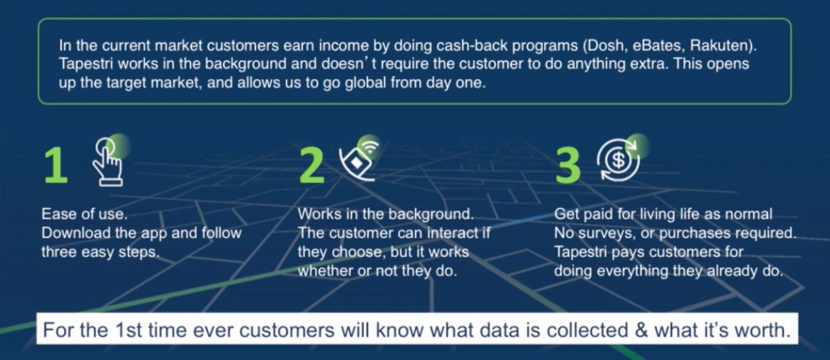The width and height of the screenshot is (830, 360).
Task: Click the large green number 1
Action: pos(56,165)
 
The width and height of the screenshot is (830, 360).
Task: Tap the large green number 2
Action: pos(312,165)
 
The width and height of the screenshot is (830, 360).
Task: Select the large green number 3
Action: pos(568,165)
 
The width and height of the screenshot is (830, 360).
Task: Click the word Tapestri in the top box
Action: pos(84,64)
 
